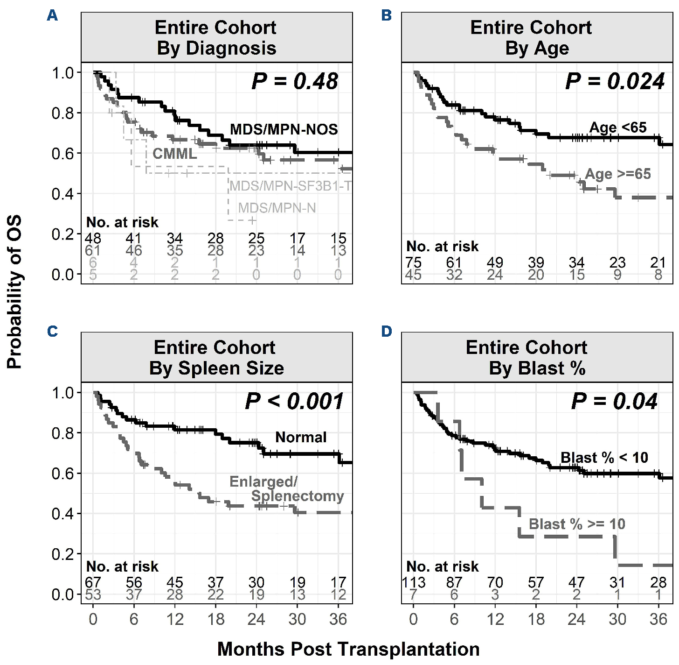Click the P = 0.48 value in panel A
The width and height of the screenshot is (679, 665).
pyautogui.click(x=295, y=81)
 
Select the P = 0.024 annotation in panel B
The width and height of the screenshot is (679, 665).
pyautogui.click(x=615, y=81)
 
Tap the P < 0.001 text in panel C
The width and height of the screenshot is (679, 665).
pyautogui.click(x=294, y=401)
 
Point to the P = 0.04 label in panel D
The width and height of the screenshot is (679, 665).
pyautogui.click(x=614, y=401)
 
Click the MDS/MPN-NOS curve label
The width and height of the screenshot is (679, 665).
pyautogui.click(x=284, y=129)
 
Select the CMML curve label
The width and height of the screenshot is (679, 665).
pyautogui.click(x=174, y=154)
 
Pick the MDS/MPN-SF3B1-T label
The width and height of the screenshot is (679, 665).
pyautogui.click(x=290, y=186)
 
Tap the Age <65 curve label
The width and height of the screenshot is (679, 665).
pyautogui.click(x=618, y=127)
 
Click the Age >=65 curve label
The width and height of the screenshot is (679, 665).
pyautogui.click(x=618, y=174)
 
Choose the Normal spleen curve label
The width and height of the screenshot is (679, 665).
pyautogui.click(x=301, y=437)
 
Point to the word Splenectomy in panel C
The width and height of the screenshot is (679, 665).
pyautogui.click(x=298, y=496)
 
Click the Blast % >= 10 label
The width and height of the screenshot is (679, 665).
pyautogui.click(x=577, y=524)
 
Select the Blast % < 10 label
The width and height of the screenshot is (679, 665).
pyautogui.click(x=604, y=458)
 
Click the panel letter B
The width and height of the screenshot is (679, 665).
pyautogui.click(x=387, y=15)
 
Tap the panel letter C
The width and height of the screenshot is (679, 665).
pyautogui.click(x=53, y=331)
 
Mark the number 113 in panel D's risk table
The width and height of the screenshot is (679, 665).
pyautogui.click(x=414, y=582)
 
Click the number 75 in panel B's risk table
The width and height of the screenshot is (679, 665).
pyautogui.click(x=413, y=262)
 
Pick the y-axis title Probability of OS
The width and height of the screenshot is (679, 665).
pyautogui.click(x=14, y=292)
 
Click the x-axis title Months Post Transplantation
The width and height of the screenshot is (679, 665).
pyautogui.click(x=348, y=649)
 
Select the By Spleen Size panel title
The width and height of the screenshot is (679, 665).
pyautogui.click(x=216, y=368)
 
